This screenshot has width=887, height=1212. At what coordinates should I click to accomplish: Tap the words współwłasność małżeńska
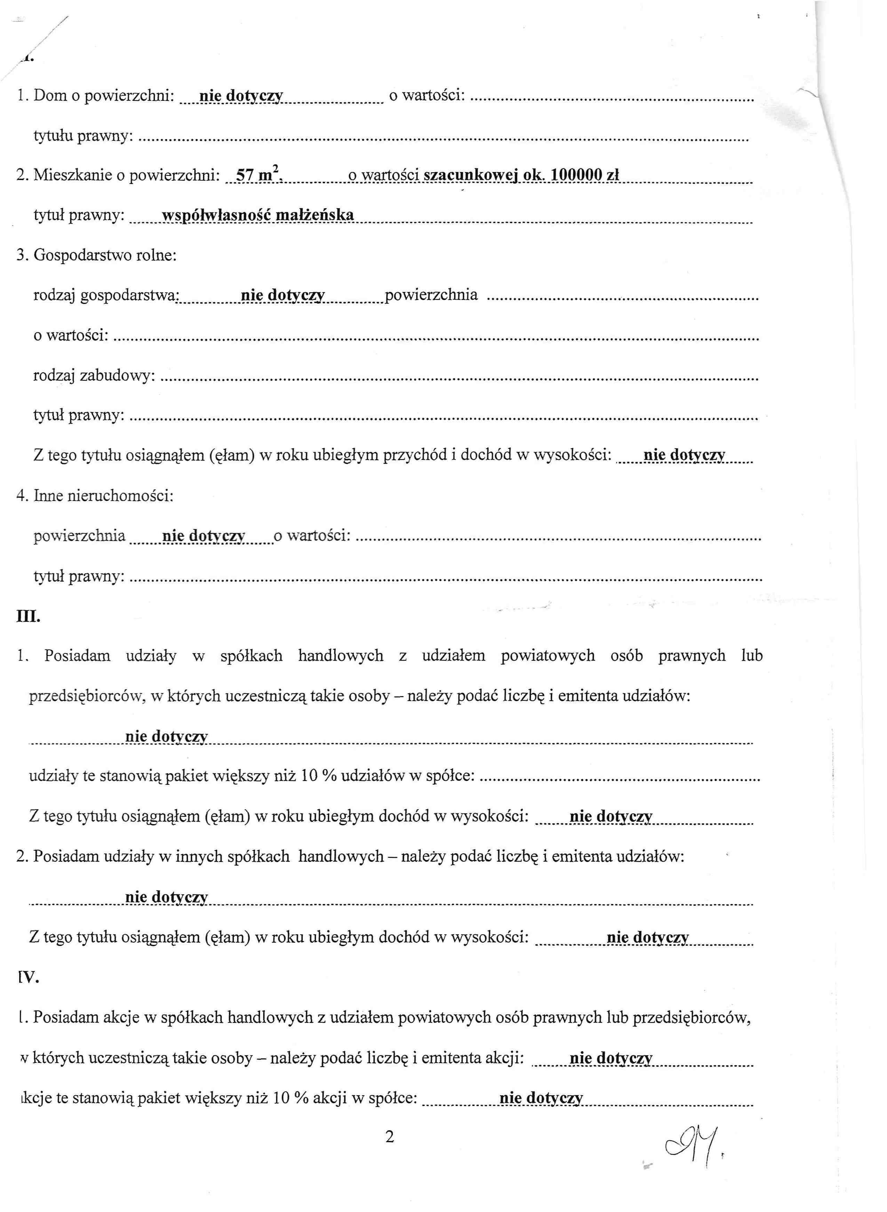(x=258, y=215)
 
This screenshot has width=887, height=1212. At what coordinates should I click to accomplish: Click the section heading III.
(x=29, y=617)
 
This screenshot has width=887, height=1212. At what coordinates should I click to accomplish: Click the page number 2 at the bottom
(x=390, y=1136)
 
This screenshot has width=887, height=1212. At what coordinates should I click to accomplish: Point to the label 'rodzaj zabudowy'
(x=94, y=375)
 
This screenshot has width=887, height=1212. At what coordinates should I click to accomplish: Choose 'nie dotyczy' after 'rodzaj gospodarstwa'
(x=282, y=295)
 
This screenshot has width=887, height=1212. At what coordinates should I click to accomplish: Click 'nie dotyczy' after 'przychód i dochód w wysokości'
(x=684, y=455)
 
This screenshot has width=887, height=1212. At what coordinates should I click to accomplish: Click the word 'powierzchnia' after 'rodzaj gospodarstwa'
(x=431, y=294)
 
